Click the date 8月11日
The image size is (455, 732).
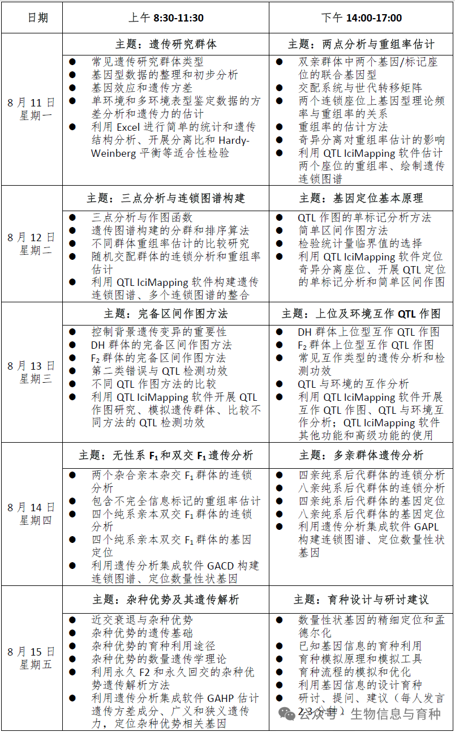click(31, 102)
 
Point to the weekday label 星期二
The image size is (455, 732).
click(36, 250)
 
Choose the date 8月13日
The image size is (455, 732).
click(31, 366)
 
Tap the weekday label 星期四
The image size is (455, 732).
click(36, 520)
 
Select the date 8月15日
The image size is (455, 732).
click(31, 652)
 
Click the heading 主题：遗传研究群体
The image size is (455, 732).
click(165, 44)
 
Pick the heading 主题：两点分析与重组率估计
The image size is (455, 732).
click(361, 44)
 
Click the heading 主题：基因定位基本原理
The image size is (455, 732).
click(361, 198)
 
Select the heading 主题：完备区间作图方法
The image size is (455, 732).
click(165, 314)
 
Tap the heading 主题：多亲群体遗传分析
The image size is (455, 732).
click(361, 455)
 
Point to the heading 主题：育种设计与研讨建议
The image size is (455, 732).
click(361, 599)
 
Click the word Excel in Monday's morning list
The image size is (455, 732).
click(128, 127)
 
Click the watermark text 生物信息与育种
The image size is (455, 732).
click(395, 713)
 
